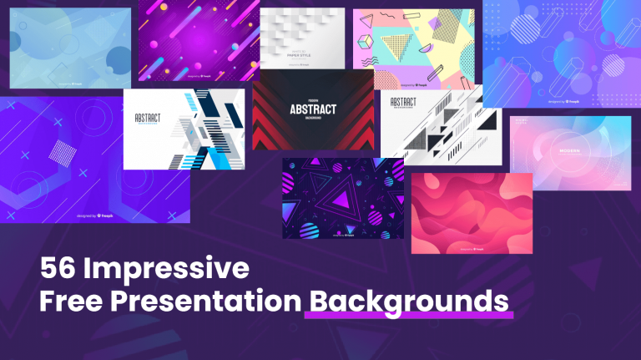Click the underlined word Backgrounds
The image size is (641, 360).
tap(409, 300)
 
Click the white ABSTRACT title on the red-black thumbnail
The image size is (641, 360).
tap(313, 109)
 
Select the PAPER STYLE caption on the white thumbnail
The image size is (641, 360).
tap(301, 54)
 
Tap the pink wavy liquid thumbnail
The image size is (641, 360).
tap(472, 213)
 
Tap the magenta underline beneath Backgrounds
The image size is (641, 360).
tap(409, 316)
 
